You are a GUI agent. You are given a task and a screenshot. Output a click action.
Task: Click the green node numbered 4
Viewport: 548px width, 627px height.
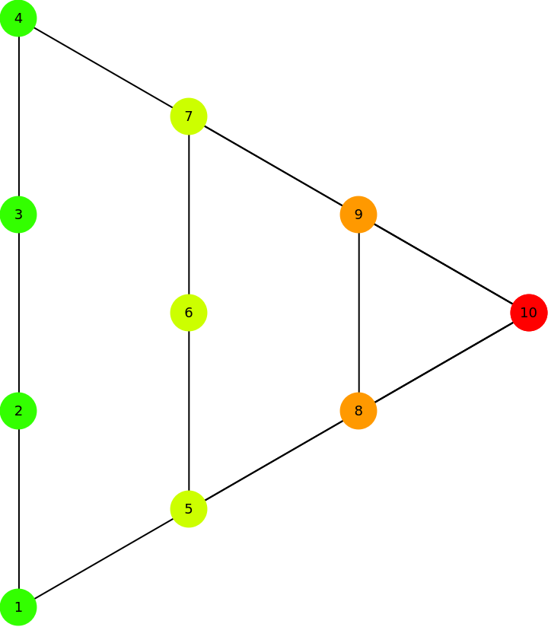pyautogui.click(x=18, y=18)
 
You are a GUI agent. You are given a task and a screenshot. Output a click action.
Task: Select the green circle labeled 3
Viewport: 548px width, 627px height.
pyautogui.click(x=18, y=215)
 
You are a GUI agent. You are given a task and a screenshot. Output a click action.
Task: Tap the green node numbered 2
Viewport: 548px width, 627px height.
pyautogui.click(x=18, y=411)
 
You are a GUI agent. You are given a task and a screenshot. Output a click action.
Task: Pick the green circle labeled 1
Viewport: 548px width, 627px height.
pyautogui.click(x=18, y=607)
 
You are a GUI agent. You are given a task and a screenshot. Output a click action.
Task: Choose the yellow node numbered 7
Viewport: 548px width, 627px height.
pyautogui.click(x=189, y=116)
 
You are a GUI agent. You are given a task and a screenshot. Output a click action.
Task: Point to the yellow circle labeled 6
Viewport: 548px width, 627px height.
pyautogui.click(x=189, y=313)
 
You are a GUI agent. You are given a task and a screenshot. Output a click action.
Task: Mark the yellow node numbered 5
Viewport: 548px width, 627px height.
pyautogui.click(x=189, y=509)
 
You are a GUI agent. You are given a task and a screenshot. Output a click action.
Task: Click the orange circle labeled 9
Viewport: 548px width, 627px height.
pyautogui.click(x=358, y=215)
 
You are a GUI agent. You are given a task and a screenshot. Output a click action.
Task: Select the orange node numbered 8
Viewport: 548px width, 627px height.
pyautogui.click(x=358, y=411)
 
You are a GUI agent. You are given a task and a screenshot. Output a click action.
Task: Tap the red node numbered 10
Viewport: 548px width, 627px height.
pyautogui.click(x=529, y=313)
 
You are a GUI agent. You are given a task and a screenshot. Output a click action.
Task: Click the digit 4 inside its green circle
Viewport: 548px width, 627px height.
pyautogui.click(x=18, y=18)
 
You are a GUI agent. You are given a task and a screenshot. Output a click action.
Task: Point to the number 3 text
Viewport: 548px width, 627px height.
pyautogui.click(x=18, y=215)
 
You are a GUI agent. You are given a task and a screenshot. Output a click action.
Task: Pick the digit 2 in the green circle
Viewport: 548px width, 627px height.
pyautogui.click(x=18, y=411)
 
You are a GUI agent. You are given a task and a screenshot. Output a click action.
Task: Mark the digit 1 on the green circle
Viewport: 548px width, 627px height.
pyautogui.click(x=18, y=607)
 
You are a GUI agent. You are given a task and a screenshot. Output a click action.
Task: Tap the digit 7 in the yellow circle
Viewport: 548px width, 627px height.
pyautogui.click(x=189, y=116)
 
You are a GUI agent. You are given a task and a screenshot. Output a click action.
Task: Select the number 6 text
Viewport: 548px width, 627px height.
pyautogui.click(x=189, y=313)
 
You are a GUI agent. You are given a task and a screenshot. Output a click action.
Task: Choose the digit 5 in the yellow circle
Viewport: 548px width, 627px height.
pyautogui.click(x=189, y=509)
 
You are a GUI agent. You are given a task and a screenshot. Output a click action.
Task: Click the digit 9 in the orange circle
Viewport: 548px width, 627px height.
pyautogui.click(x=358, y=215)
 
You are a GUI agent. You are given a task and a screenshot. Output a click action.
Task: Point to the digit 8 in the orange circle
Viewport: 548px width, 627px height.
pyautogui.click(x=358, y=411)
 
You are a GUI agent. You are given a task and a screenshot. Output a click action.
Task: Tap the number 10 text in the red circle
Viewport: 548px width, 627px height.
pyautogui.click(x=529, y=313)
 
